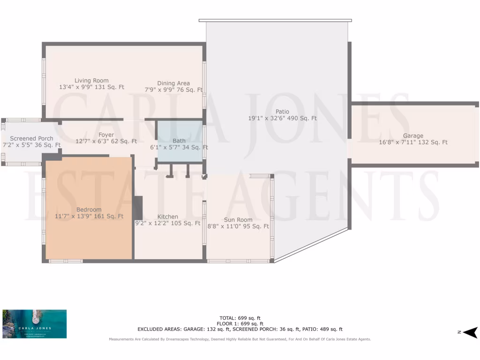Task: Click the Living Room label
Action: click(x=91, y=81)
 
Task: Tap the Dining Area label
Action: click(x=173, y=83)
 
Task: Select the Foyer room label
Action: click(x=106, y=135)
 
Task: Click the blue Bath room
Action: click(x=179, y=141)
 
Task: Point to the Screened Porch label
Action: click(x=32, y=139)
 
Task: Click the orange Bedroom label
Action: click(x=89, y=210)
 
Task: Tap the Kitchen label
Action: click(x=167, y=217)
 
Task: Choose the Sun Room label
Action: click(x=238, y=220)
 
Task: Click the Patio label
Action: click(x=282, y=112)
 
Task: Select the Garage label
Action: click(x=413, y=136)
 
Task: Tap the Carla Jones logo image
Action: click(x=35, y=324)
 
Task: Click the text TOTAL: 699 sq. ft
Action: click(x=240, y=318)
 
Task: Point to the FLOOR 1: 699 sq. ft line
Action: click(x=240, y=323)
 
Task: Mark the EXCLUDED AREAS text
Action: click(x=240, y=329)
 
